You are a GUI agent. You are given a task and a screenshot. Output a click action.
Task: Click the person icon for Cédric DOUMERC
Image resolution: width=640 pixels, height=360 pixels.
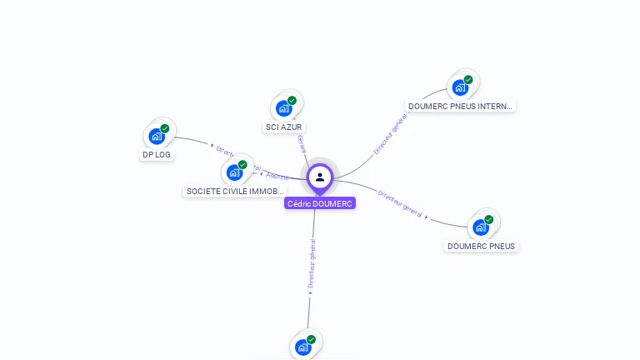click(x=320, y=177)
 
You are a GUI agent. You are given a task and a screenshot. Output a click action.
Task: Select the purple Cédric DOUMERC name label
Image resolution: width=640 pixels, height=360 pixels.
click(x=320, y=203)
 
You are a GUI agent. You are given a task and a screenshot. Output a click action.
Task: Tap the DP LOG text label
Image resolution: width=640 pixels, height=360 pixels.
click(x=157, y=154)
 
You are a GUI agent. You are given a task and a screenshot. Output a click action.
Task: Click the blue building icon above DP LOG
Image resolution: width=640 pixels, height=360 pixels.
click(x=156, y=136)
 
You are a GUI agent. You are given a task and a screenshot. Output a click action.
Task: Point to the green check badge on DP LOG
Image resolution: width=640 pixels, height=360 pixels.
click(x=165, y=128)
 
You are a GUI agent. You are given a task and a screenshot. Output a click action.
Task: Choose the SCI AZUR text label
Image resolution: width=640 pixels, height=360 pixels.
click(x=284, y=127)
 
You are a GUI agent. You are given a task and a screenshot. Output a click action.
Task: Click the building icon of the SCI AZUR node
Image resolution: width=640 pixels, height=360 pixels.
click(x=283, y=108)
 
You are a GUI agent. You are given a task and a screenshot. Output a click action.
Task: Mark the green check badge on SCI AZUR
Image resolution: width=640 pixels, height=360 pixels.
click(x=292, y=101)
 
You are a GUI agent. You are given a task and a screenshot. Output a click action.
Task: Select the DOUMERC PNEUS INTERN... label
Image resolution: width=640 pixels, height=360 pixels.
click(x=461, y=106)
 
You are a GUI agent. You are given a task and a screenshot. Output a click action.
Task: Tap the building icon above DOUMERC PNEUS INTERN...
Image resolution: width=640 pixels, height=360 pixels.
click(x=460, y=87)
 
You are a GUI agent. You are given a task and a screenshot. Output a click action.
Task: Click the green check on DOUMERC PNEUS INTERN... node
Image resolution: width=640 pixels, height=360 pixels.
click(x=468, y=80)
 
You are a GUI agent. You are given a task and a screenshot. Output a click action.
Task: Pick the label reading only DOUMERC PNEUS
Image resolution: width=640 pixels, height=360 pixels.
click(x=481, y=246)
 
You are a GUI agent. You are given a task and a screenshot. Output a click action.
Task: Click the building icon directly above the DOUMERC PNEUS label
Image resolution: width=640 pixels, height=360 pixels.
click(x=480, y=227)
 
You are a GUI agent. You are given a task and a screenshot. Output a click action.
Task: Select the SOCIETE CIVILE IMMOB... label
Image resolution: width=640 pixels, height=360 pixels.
click(x=235, y=191)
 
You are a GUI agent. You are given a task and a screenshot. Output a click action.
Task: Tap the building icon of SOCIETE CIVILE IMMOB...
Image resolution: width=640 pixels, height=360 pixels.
click(x=234, y=172)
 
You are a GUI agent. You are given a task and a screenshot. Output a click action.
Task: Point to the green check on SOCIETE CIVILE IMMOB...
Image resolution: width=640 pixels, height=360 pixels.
click(x=243, y=164)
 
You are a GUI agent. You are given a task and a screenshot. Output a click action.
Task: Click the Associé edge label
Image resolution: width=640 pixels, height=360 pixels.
click(x=277, y=177)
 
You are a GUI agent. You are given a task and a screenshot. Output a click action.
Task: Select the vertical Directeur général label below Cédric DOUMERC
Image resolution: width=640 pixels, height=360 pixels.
click(x=312, y=264)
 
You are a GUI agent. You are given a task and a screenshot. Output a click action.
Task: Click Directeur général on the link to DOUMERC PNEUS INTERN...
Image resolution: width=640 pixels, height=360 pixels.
click(x=389, y=135)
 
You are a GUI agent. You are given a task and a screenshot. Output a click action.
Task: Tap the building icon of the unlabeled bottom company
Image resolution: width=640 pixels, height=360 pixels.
click(x=302, y=347)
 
